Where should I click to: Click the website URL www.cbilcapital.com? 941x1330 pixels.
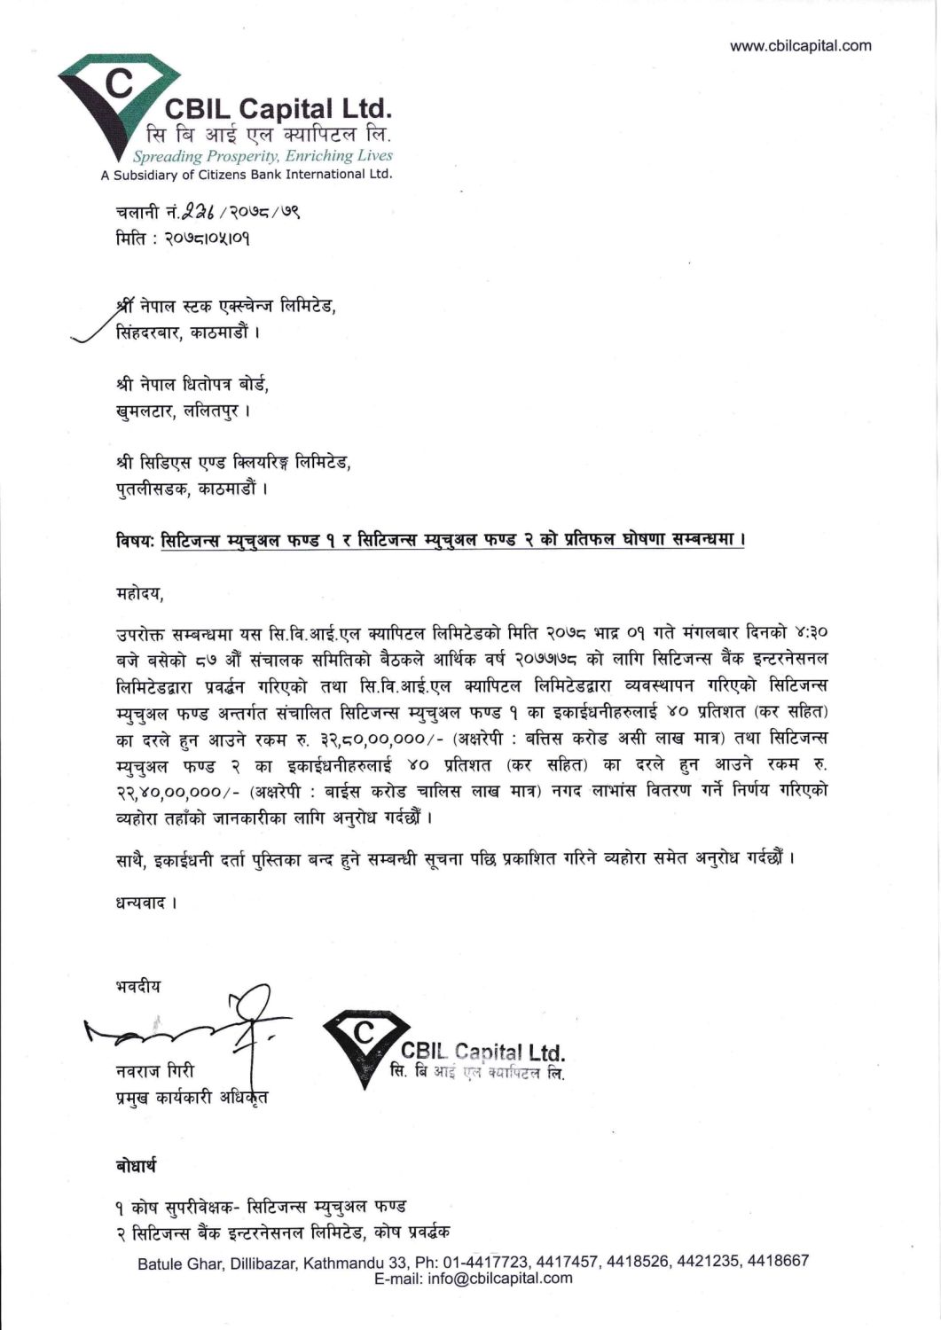click(800, 46)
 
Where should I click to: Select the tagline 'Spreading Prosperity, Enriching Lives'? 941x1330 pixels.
click(263, 156)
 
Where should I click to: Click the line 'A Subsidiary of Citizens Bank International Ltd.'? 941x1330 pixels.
click(247, 175)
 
